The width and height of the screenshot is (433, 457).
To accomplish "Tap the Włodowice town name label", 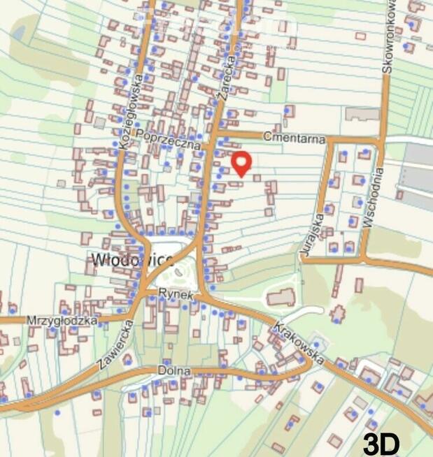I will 132,260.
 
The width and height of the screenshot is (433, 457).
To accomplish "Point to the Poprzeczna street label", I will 169,138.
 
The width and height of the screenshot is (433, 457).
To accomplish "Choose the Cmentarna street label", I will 294,138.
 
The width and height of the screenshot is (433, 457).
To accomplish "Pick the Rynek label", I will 175,294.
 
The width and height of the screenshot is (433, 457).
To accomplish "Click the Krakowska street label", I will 299,343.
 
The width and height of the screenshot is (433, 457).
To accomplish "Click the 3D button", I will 381,444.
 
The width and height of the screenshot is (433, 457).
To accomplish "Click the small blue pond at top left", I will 18,31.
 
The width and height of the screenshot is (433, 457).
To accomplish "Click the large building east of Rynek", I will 281,298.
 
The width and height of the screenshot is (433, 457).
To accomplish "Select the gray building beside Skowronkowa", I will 362,113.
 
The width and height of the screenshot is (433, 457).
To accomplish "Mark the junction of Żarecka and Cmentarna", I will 214,132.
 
